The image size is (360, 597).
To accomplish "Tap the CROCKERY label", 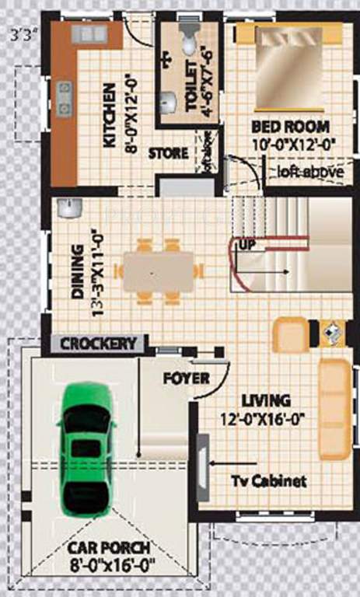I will click(x=98, y=343).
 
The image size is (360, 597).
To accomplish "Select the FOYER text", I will click(x=186, y=379).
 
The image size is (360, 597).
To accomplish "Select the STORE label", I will click(x=169, y=153).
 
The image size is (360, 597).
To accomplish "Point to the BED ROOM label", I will click(x=290, y=126).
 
